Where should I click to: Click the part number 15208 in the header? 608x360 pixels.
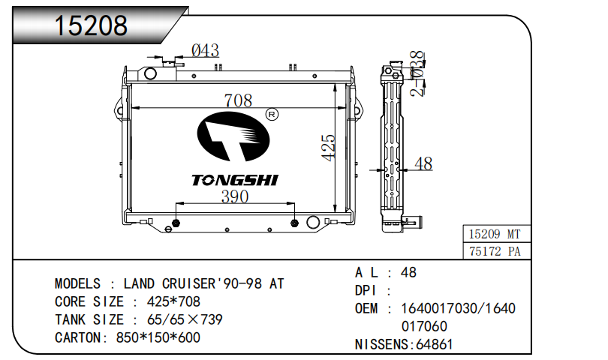(91, 26)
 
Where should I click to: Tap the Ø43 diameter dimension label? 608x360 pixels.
(205, 50)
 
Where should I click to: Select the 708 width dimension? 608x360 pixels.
(238, 100)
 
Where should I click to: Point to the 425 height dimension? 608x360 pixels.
(328, 149)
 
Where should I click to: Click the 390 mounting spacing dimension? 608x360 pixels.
(234, 196)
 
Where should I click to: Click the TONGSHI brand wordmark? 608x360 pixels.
(235, 180)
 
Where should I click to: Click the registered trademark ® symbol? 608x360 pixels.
(272, 115)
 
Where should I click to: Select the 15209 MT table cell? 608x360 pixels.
(494, 235)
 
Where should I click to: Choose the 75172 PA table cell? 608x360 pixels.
(494, 251)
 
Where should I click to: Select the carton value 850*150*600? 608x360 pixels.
(158, 337)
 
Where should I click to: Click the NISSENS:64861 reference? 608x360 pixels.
(404, 344)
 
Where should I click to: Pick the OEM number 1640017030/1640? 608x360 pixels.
(459, 308)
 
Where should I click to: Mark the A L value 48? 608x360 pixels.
(409, 272)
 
